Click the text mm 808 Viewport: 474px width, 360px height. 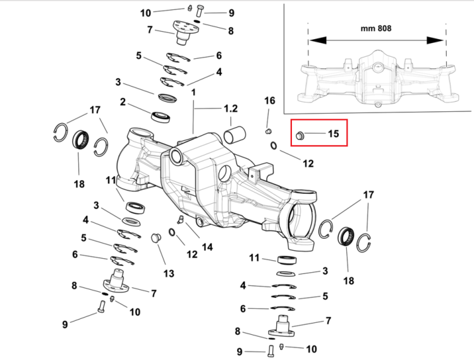point(376,28)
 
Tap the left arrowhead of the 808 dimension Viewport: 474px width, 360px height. point(317,40)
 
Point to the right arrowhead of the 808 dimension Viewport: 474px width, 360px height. point(435,40)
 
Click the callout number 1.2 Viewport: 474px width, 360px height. point(230,109)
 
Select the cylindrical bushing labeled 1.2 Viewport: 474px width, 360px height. point(234,135)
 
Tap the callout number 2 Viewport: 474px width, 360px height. point(123,102)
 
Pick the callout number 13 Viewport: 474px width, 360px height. point(169,273)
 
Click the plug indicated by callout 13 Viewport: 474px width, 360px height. point(155,238)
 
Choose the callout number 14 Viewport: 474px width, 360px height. point(207,247)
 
